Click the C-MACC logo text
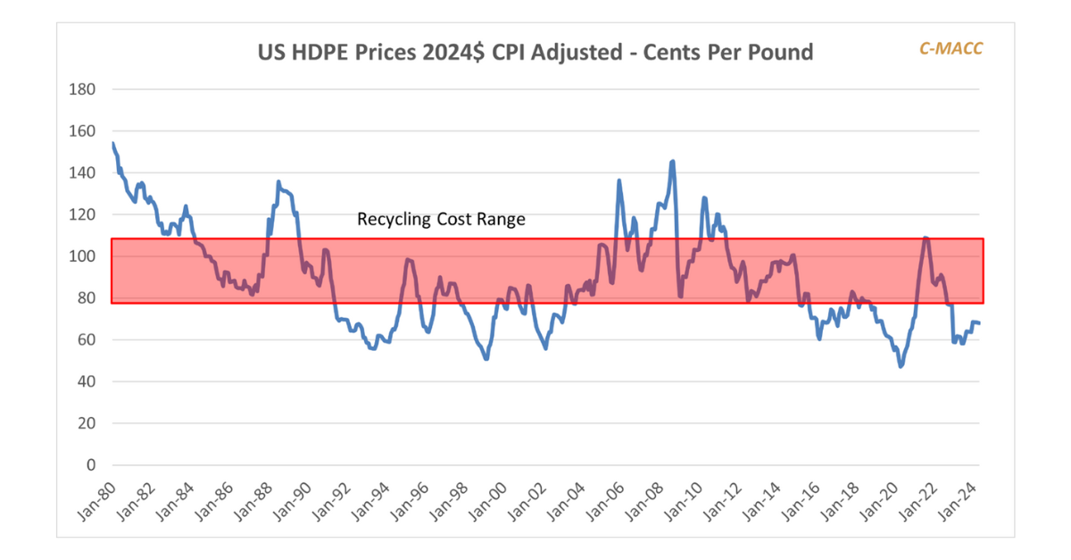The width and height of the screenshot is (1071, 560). tap(951, 48)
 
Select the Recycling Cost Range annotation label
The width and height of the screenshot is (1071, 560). tap(441, 219)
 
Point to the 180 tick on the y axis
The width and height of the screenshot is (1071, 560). tap(84, 89)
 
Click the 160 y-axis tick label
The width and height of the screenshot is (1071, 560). tap(84, 131)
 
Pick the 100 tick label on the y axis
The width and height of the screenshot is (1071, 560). tap(84, 256)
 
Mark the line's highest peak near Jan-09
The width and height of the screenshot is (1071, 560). tap(672, 162)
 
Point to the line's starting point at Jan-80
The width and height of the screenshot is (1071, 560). tap(112, 143)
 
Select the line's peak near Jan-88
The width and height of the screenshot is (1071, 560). tap(278, 182)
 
